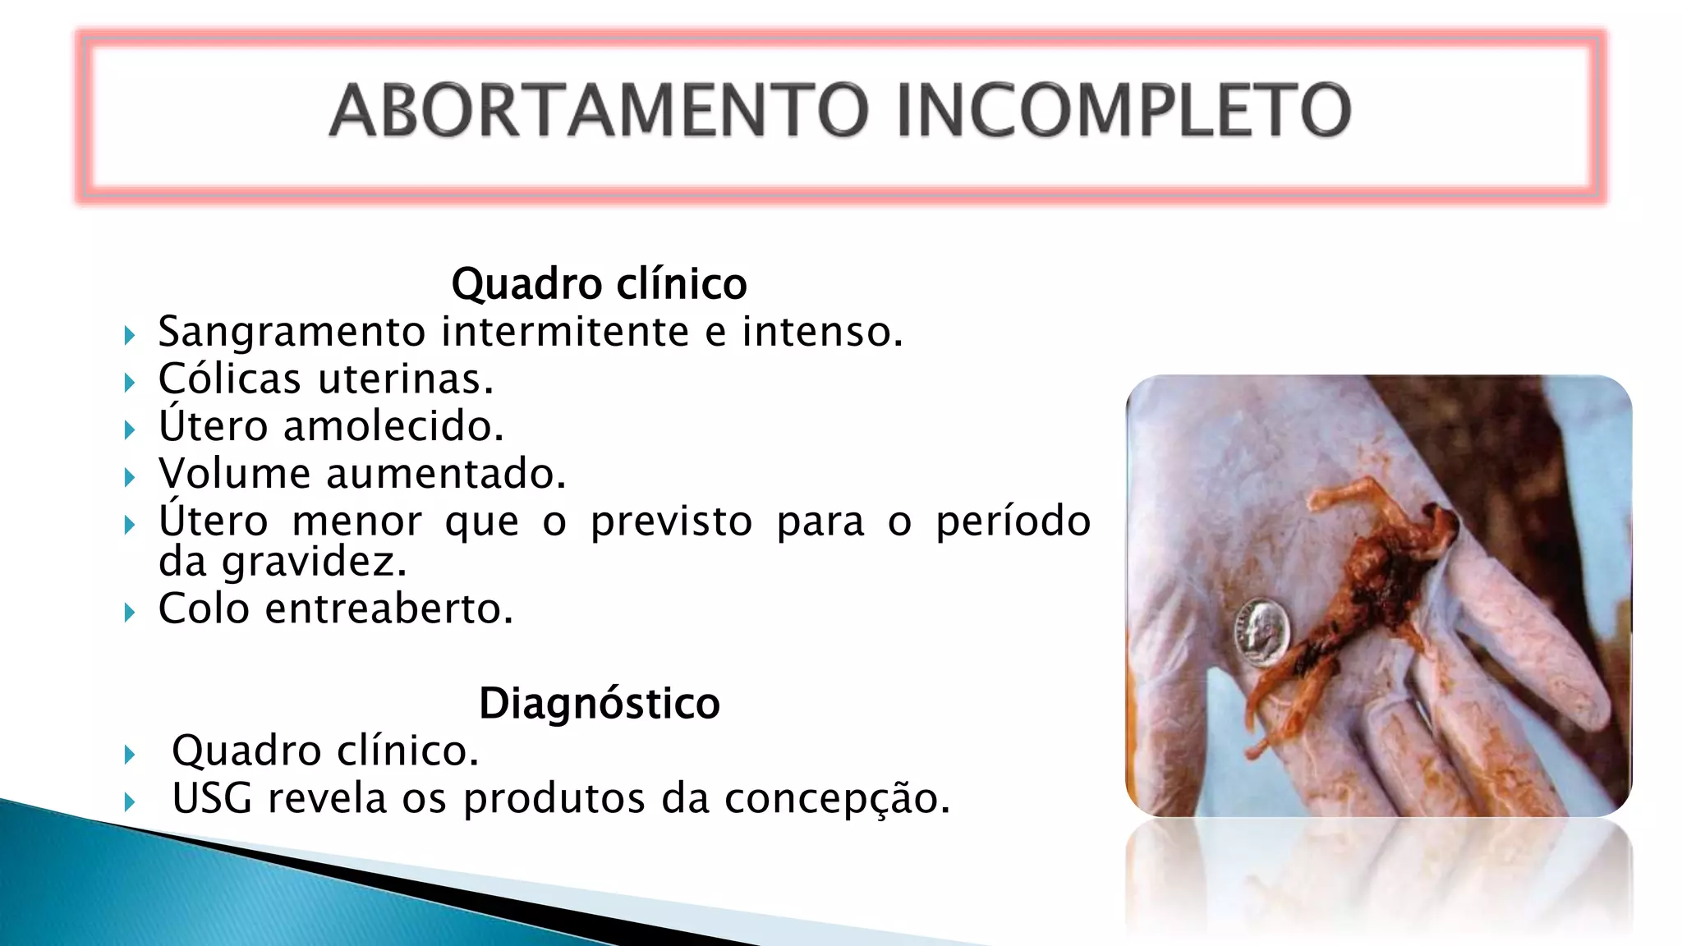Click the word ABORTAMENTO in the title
pyautogui.click(x=599, y=110)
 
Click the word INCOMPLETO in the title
pyautogui.click(x=1124, y=110)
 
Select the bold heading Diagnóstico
pyautogui.click(x=600, y=704)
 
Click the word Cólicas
pyautogui.click(x=230, y=379)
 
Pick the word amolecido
pyautogui.click(x=393, y=427)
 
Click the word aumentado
pyautogui.click(x=446, y=475)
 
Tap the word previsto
pyautogui.click(x=671, y=522)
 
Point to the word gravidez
pyautogui.click(x=315, y=563)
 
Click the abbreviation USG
pyautogui.click(x=212, y=798)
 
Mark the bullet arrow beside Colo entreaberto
pyautogui.click(x=130, y=612)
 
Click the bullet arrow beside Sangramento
pyautogui.click(x=130, y=335)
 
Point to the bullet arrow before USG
pyautogui.click(x=130, y=801)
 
